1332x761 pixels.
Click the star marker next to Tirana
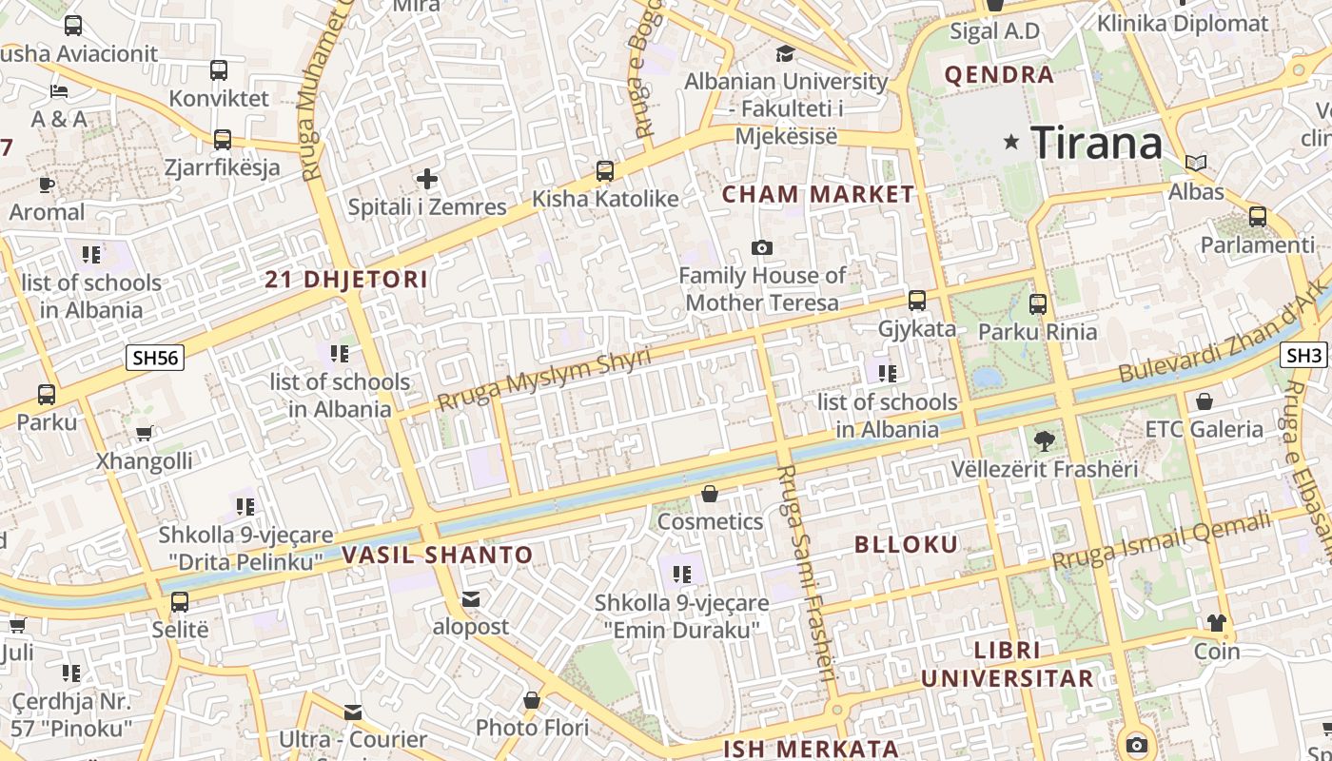1011,143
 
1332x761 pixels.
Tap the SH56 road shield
155,358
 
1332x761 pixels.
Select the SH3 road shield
1303,355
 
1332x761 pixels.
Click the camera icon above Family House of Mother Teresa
761,248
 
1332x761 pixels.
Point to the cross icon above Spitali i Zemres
427,178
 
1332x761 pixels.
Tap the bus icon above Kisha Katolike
605,171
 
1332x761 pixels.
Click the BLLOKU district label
906,545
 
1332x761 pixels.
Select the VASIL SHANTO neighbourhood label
437,555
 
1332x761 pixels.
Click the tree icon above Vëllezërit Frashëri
1045,440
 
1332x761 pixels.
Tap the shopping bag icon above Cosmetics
710,494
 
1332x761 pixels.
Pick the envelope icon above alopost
471,599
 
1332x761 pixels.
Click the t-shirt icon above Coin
1217,623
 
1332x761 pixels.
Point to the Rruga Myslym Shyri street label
543,380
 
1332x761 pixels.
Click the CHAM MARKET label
817,195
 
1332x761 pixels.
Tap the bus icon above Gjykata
917,301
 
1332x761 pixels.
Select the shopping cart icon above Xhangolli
144,434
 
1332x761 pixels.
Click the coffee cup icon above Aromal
47,185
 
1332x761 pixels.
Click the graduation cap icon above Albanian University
786,53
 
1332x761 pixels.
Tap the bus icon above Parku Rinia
1038,304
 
